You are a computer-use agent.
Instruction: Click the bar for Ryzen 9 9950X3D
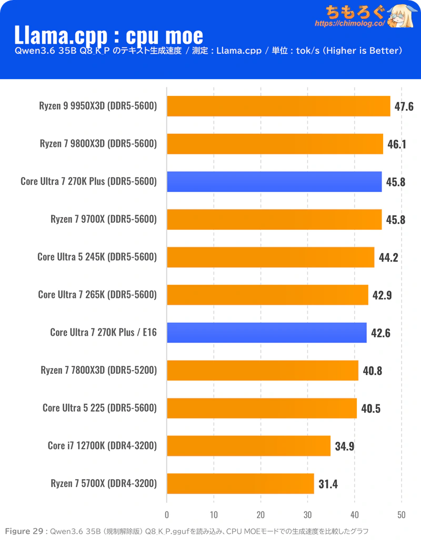click(x=278, y=106)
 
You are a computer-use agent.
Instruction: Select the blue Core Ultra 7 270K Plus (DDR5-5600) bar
click(x=274, y=181)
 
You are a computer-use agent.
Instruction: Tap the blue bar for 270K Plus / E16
click(x=267, y=333)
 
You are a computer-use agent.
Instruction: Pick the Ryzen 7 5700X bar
click(x=240, y=483)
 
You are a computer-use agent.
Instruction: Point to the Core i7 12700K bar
click(x=248, y=446)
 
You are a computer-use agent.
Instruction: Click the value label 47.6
click(x=404, y=106)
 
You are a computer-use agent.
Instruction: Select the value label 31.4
click(x=327, y=484)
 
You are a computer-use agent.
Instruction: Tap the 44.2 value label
click(x=388, y=257)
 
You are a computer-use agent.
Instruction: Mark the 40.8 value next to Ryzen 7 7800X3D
click(x=372, y=371)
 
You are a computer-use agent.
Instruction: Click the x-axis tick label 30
click(x=308, y=515)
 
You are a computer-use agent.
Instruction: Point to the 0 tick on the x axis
click(x=167, y=515)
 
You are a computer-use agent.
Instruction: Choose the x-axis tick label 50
click(x=402, y=515)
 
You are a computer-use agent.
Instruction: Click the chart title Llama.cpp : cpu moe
click(x=108, y=35)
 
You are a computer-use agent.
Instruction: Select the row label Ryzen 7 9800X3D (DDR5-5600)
click(x=98, y=143)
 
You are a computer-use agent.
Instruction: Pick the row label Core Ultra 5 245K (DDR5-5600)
click(x=97, y=257)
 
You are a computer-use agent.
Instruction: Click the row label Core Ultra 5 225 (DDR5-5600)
click(x=99, y=408)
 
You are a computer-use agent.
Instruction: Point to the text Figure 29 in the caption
click(x=24, y=531)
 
